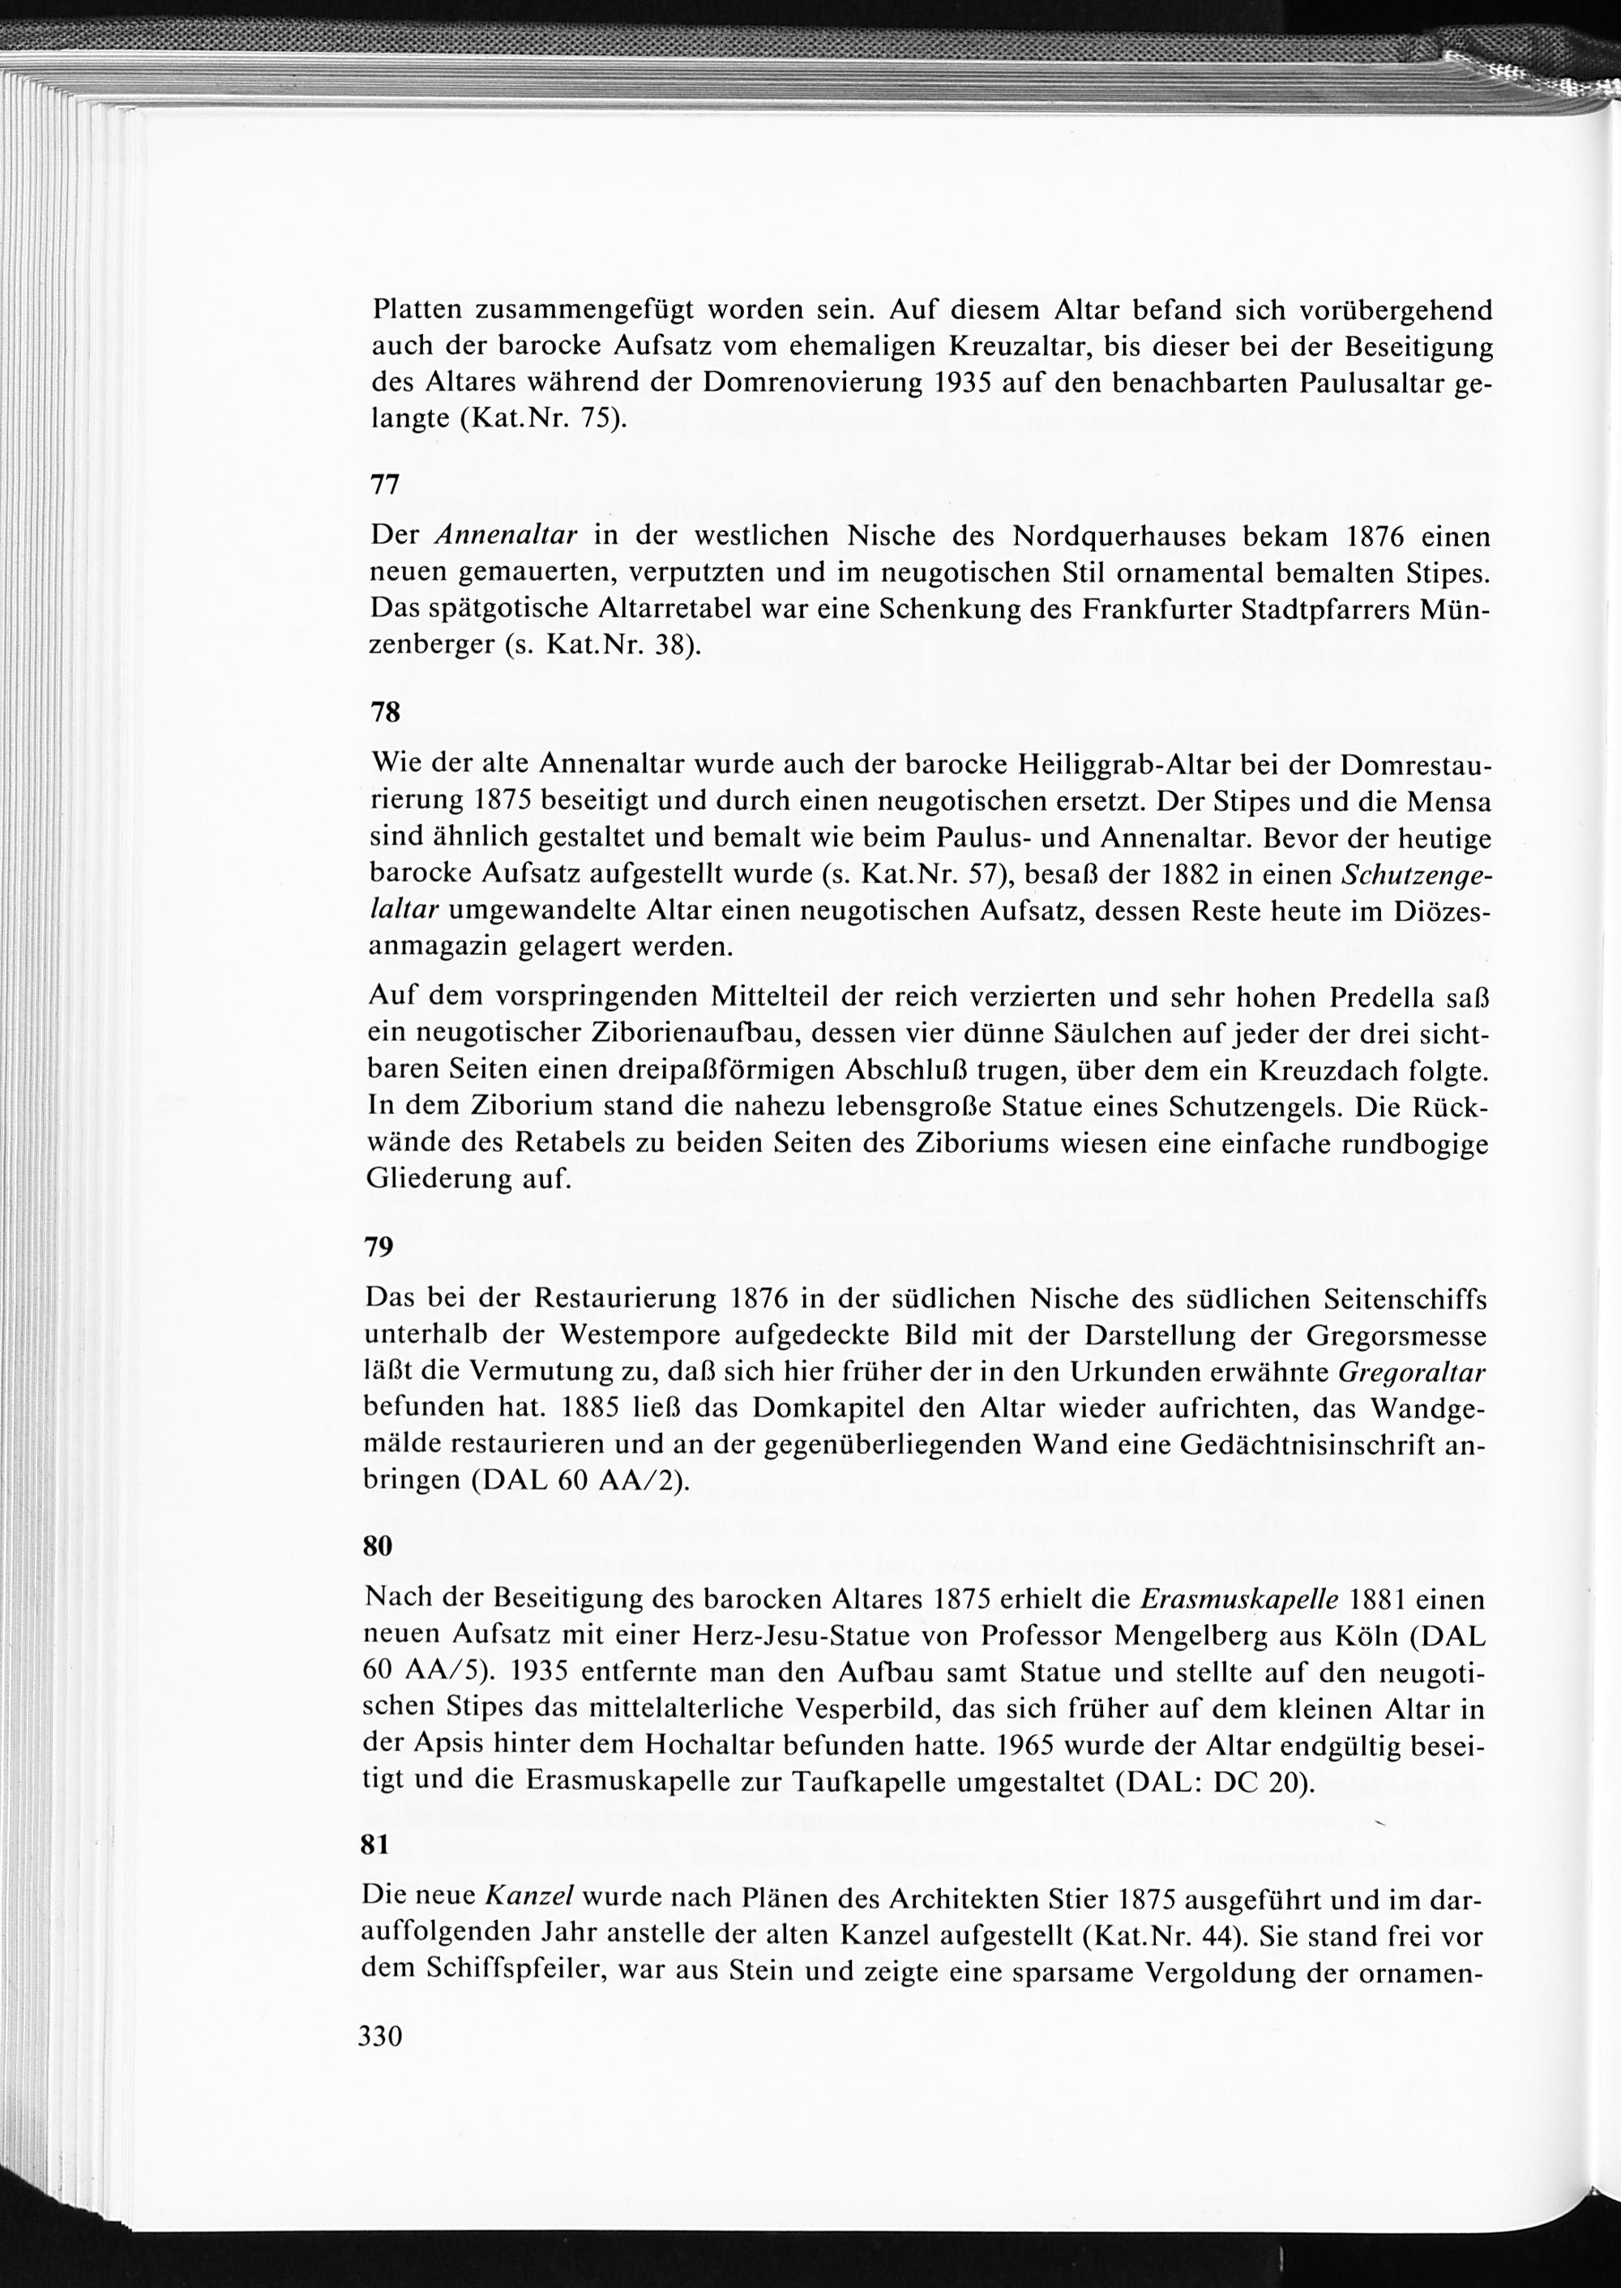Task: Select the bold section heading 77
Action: (385, 485)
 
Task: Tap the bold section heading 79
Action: (379, 1247)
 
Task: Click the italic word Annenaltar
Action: (507, 535)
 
